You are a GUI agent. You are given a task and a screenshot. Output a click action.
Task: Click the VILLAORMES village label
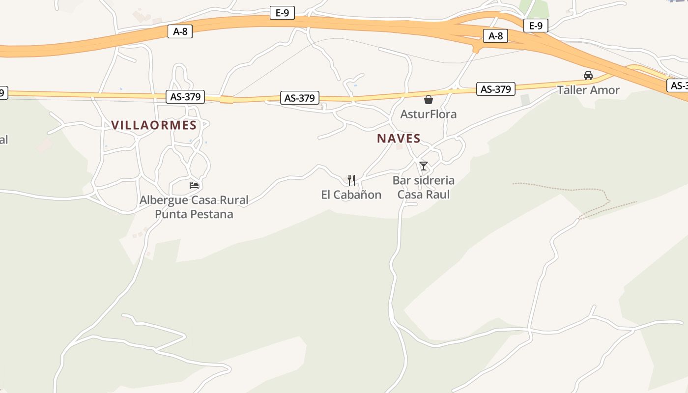coord(154,125)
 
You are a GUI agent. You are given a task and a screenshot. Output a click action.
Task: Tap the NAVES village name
coord(399,139)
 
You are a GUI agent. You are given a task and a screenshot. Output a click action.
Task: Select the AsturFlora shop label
coord(429,114)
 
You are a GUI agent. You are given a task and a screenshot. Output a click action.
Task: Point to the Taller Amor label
coord(588,90)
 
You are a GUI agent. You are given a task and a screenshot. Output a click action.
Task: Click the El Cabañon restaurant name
coord(351,195)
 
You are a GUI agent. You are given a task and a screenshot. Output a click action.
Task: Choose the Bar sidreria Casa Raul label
coord(423,187)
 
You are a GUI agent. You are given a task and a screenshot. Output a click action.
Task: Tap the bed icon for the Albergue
coord(194,186)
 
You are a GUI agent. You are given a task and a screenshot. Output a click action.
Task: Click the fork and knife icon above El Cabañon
coord(351,180)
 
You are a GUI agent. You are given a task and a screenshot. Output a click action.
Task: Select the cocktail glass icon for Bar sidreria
coord(424,166)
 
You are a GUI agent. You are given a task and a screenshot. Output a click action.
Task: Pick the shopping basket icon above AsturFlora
coord(429,100)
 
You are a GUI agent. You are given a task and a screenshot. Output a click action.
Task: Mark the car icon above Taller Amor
coord(588,76)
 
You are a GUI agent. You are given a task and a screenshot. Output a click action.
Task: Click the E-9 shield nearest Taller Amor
coord(536,26)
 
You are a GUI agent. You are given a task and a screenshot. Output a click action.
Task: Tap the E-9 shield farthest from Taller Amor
coord(282,13)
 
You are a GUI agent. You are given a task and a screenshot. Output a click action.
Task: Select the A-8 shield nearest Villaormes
coord(180,31)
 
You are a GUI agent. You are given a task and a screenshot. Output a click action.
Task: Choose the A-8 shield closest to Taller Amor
coord(495,36)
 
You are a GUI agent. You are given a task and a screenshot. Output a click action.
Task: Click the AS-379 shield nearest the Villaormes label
coord(185,97)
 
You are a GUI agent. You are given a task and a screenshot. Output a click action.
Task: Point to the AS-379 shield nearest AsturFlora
coord(495,89)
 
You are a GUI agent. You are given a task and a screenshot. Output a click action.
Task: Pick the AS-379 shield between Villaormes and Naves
coord(299,98)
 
